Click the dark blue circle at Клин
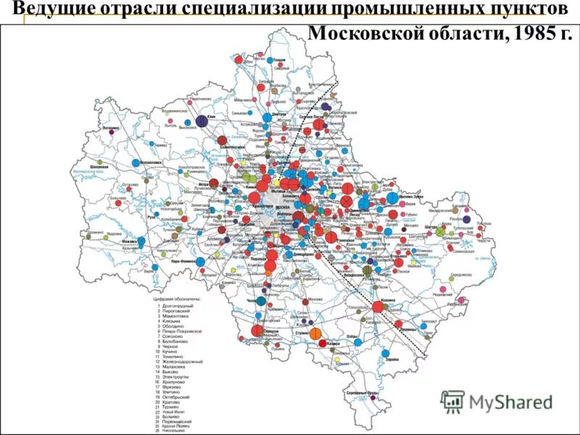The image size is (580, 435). pos(202,121)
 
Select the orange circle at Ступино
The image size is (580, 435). pos(315,333)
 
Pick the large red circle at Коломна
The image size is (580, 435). pos(377,307)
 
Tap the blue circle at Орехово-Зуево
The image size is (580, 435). pos(393,197)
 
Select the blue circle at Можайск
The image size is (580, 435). pos(141,241)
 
